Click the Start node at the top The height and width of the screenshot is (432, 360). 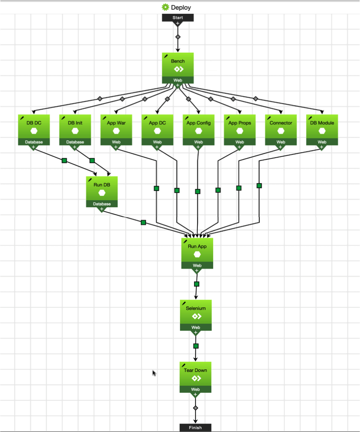click(x=178, y=17)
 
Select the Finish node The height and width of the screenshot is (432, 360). click(x=195, y=428)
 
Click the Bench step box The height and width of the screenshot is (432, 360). click(x=178, y=65)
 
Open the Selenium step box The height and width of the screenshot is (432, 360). click(x=196, y=312)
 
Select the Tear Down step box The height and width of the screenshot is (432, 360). click(x=195, y=374)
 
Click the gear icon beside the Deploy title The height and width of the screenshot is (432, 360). click(x=165, y=7)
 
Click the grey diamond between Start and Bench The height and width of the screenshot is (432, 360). click(x=178, y=37)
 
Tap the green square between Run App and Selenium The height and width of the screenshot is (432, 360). click(x=197, y=284)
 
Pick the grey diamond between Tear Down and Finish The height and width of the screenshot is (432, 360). click(x=195, y=408)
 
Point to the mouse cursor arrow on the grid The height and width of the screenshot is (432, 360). click(x=154, y=372)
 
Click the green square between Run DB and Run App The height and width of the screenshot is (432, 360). click(x=143, y=222)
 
